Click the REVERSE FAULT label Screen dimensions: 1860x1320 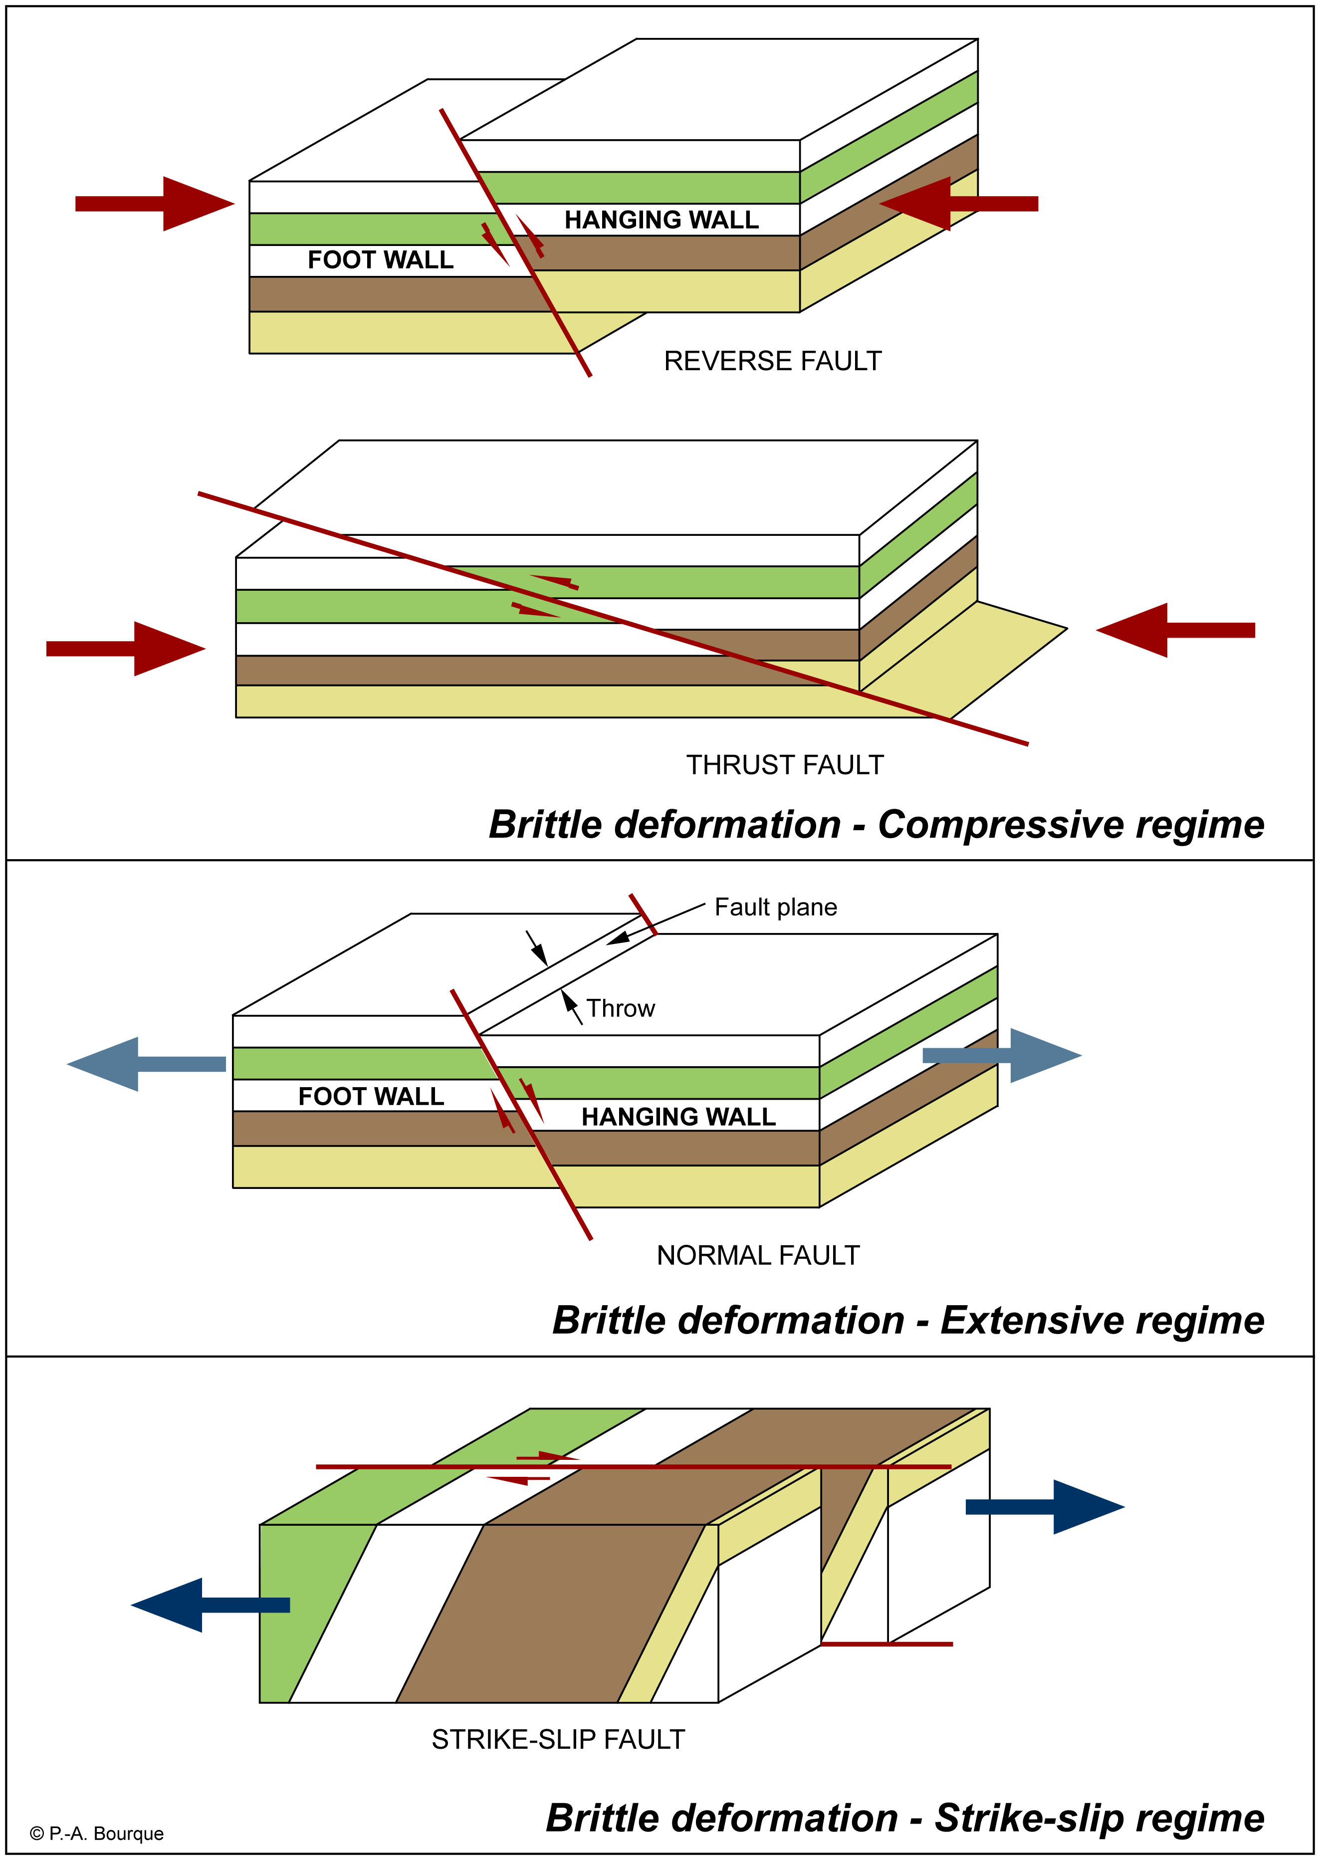772,361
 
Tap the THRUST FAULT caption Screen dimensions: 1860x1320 784,765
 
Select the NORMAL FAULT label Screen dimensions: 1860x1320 758,1255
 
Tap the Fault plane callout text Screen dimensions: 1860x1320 775,907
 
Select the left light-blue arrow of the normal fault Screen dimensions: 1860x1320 146,1064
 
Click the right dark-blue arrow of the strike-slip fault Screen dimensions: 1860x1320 1045,1507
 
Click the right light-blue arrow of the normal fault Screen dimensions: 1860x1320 1002,1055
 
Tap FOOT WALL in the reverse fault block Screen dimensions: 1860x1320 381,260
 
